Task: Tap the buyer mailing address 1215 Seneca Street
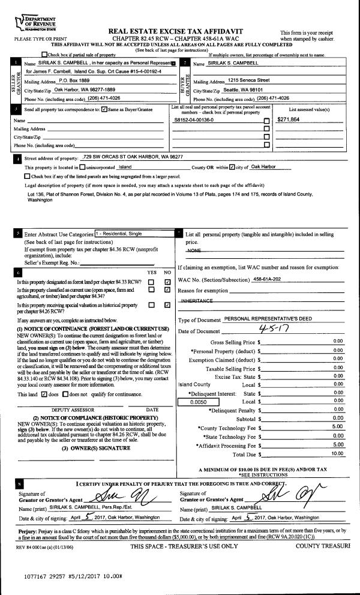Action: pyautogui.click(x=248, y=80)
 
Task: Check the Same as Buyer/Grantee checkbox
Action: pyautogui.click(x=104, y=110)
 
